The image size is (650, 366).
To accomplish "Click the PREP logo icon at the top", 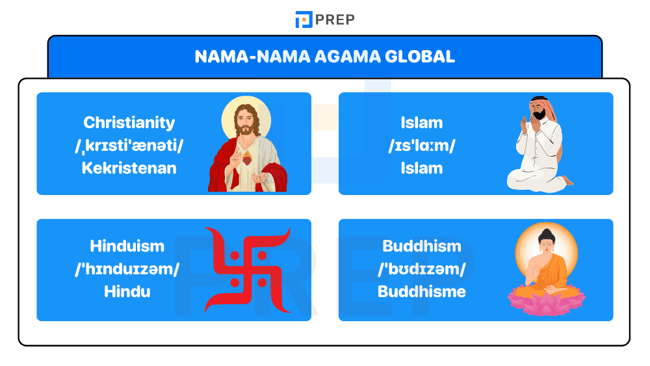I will click(x=304, y=20).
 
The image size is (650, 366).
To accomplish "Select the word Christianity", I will click(x=129, y=123).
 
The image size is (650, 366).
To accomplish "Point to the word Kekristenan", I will click(x=129, y=168).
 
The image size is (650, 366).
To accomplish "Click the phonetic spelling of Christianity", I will click(x=129, y=146).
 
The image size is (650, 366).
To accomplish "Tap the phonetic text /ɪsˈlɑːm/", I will click(x=422, y=146).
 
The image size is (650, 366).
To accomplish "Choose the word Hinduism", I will click(x=127, y=246).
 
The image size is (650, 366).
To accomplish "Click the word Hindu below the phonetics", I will click(x=127, y=291).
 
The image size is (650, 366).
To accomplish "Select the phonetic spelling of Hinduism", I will click(x=127, y=268).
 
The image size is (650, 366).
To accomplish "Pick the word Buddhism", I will click(x=422, y=246).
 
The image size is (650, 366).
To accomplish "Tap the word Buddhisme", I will click(x=422, y=291).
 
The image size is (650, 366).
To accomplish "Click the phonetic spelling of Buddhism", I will click(x=422, y=268).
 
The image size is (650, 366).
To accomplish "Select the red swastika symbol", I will click(x=248, y=269).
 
